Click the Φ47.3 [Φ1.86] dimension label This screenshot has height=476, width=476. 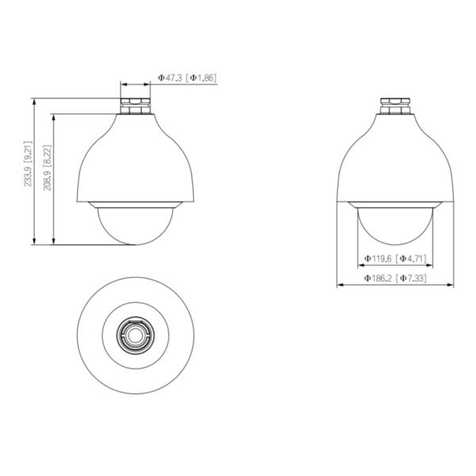tap(187, 79)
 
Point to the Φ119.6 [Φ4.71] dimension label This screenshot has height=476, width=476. tap(395, 259)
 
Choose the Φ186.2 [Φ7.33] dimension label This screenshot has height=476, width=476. tap(395, 278)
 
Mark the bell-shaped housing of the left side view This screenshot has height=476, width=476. tap(135, 159)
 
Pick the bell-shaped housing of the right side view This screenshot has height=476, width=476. tap(395, 159)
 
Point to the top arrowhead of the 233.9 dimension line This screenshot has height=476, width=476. tap(35, 101)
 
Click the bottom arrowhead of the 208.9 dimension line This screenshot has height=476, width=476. tap(54, 242)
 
